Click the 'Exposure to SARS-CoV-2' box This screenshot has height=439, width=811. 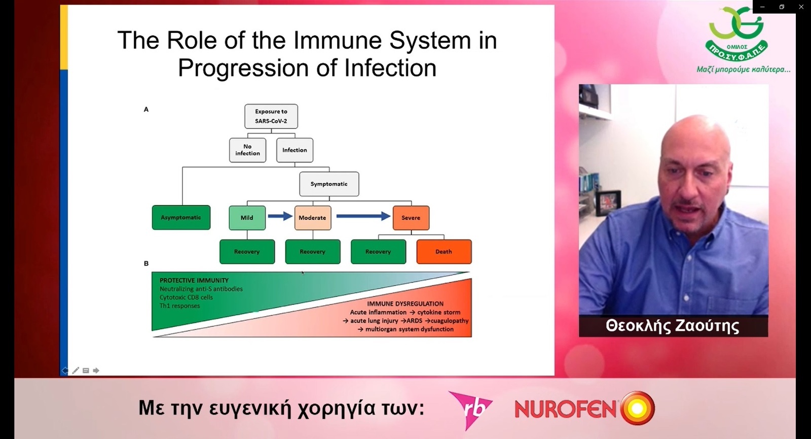271,116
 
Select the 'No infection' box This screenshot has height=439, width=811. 248,150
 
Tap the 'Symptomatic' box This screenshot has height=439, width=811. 329,184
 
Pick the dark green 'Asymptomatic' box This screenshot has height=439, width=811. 181,218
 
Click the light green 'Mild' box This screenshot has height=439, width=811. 247,218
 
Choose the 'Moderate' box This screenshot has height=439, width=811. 313,218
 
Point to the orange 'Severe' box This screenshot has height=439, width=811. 411,218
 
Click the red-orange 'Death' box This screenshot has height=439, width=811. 444,252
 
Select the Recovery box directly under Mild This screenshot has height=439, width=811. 247,252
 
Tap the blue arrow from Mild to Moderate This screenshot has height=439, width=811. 280,216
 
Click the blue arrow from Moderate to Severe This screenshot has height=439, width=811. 363,216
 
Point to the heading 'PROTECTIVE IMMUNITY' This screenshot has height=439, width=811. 194,281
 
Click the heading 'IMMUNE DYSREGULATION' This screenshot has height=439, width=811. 405,304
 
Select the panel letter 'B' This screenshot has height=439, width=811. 146,263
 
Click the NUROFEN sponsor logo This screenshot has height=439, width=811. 585,408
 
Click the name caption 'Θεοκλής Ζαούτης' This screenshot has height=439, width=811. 673,326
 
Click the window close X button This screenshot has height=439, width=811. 801,7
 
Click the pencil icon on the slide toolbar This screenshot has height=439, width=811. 76,370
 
